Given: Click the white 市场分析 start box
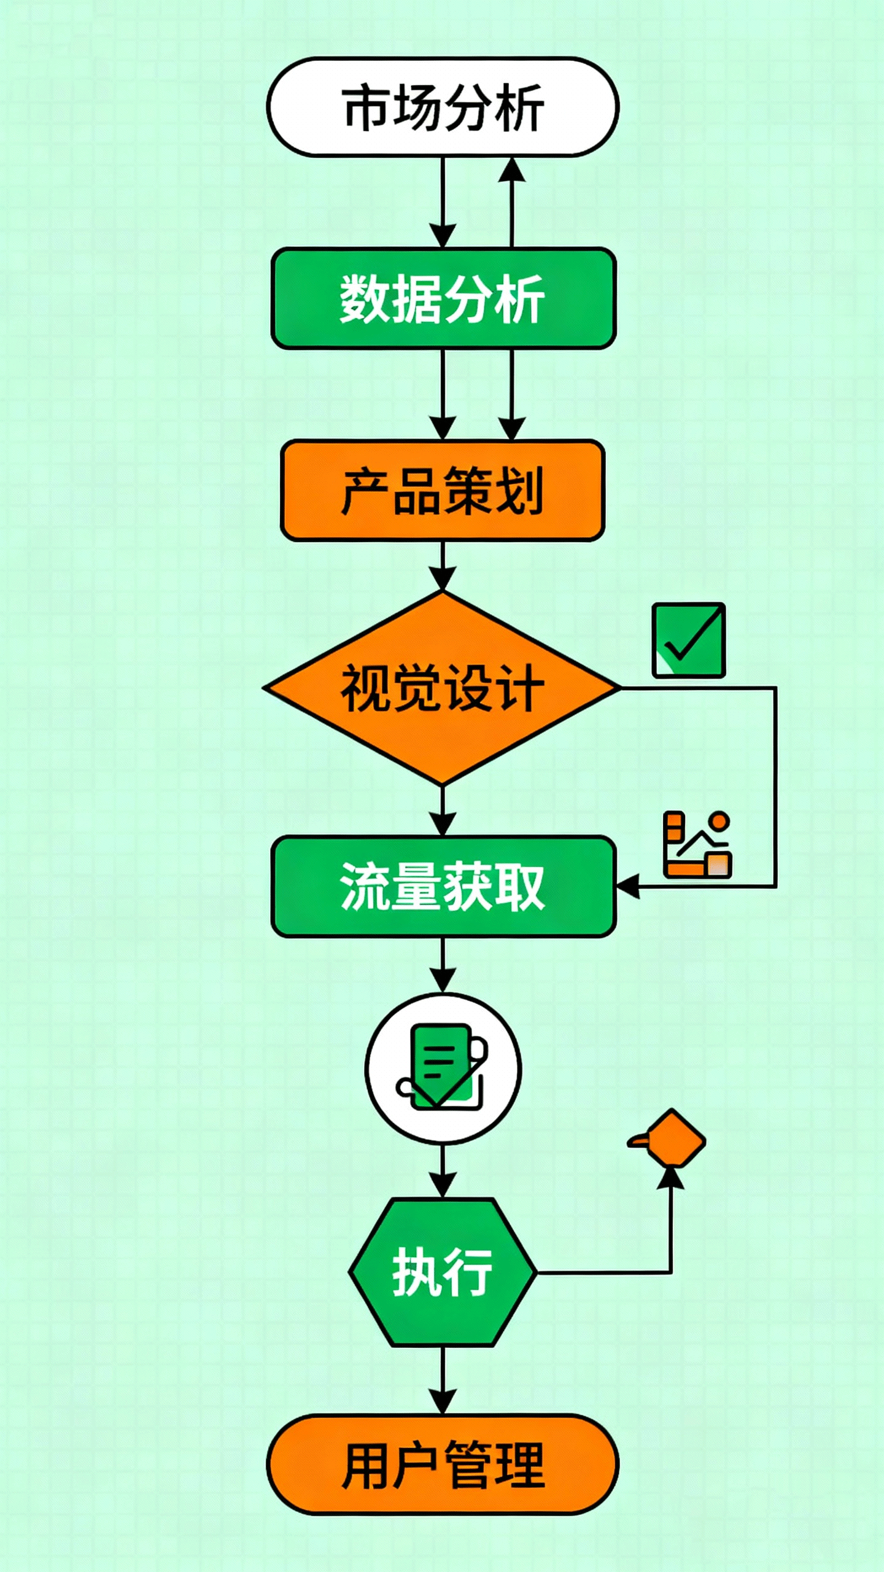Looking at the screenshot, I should [443, 107].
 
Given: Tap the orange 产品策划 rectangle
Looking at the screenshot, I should [443, 491].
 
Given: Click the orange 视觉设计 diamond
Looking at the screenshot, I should [442, 688].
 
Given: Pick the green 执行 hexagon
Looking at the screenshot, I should [442, 1272].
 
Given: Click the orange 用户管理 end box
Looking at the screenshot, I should [443, 1465].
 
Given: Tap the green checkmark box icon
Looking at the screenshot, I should [689, 640].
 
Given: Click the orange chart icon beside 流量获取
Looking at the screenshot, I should [697, 844].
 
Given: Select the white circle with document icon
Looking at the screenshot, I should [443, 1069].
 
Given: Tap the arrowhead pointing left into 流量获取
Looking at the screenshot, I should [627, 887].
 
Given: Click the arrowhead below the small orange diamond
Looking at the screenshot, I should [670, 1178].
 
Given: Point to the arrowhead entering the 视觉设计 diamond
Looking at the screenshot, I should [443, 579].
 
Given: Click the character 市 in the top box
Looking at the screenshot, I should [367, 107].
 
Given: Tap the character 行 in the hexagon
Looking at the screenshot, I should [468, 1272].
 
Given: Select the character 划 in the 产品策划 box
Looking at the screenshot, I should [520, 491].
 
